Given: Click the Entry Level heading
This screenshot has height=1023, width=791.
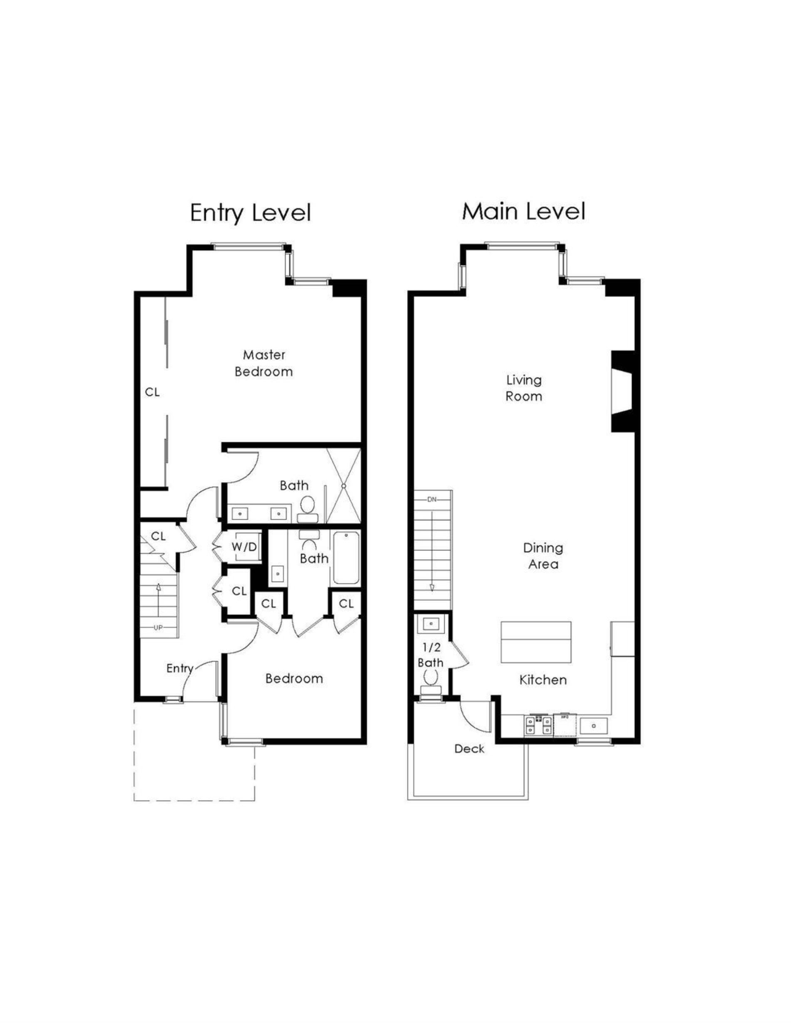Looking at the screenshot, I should (250, 213).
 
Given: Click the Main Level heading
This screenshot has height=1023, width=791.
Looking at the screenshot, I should (523, 211).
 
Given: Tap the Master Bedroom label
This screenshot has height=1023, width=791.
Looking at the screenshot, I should (263, 363).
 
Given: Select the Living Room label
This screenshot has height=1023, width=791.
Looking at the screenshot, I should (524, 388).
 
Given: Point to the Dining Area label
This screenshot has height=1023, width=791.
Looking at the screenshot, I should (543, 555).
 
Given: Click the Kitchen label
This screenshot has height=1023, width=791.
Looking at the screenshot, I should (543, 680).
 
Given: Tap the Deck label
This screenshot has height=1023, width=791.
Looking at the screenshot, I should (469, 749).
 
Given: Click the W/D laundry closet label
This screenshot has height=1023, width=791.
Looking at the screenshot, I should (244, 546).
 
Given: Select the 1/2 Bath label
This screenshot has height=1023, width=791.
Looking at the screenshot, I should (430, 655).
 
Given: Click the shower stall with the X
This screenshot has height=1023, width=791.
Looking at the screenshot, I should (343, 486).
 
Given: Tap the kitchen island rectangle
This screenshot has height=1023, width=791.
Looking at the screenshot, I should (536, 642).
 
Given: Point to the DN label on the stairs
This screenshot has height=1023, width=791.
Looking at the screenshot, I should (431, 499).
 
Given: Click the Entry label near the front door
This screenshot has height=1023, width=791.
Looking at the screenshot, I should (180, 668).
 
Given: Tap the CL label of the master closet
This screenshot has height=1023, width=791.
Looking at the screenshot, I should (152, 392).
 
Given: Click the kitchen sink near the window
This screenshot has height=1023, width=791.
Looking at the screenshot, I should (593, 726).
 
